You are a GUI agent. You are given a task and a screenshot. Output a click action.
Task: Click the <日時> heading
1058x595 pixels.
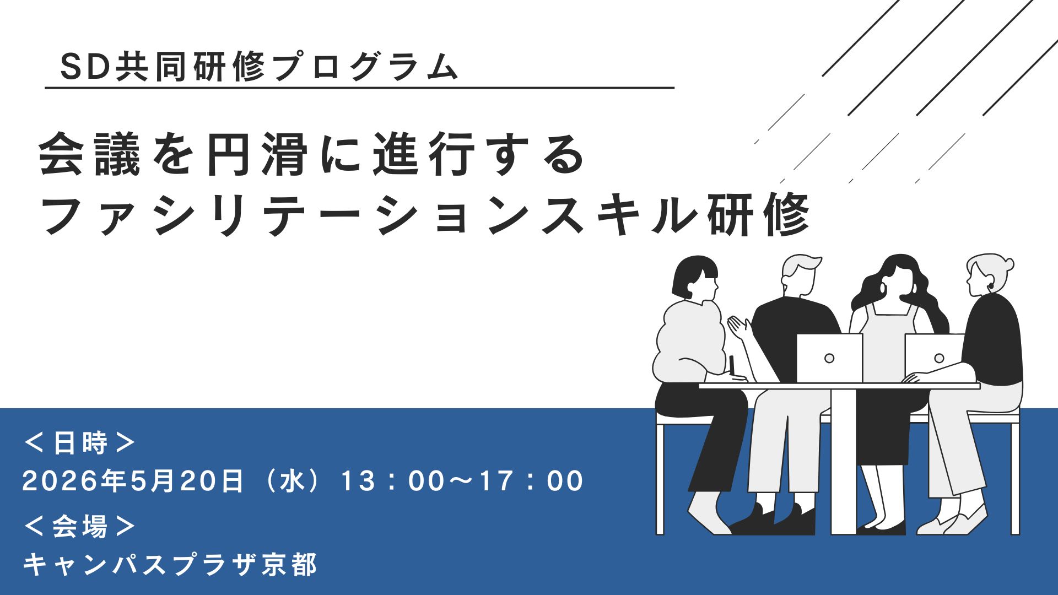click(x=79, y=442)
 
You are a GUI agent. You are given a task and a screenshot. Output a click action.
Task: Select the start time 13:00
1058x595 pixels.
click(x=392, y=481)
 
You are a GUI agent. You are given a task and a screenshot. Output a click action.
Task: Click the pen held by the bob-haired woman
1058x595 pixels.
click(x=732, y=365)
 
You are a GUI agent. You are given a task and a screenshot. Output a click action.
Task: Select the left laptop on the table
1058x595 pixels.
click(x=829, y=358)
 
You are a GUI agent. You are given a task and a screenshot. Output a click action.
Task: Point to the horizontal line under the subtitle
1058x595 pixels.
click(x=359, y=88)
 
